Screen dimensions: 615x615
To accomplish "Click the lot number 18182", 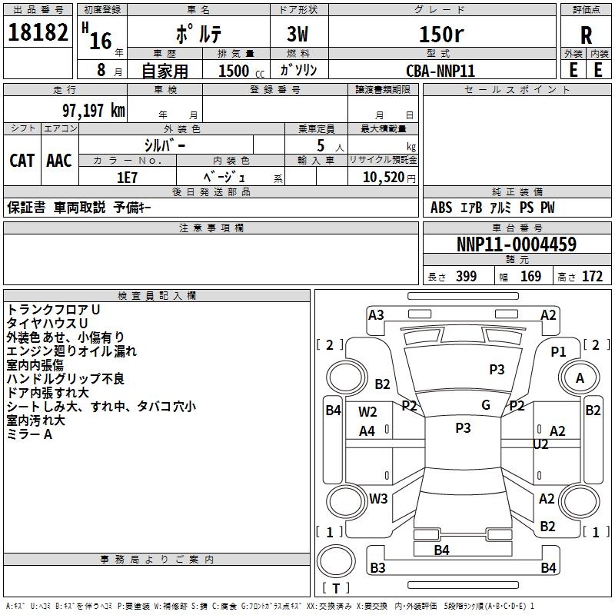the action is (x=38, y=32).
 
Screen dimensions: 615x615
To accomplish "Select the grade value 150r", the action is (x=441, y=34).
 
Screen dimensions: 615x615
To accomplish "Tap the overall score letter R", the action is (x=586, y=35).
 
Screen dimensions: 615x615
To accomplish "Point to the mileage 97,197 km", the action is (x=94, y=111).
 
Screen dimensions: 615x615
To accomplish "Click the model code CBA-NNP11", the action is (x=440, y=71).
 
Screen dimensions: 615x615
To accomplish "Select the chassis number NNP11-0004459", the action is (x=517, y=244).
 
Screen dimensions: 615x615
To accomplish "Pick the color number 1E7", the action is (x=127, y=178).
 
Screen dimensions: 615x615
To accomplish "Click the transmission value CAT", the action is (x=22, y=161).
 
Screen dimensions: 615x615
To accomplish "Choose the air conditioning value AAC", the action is (x=59, y=161).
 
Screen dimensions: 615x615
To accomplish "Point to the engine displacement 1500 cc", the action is (x=241, y=71).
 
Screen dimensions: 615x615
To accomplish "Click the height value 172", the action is (x=592, y=276).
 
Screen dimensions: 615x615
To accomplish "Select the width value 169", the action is (x=530, y=276).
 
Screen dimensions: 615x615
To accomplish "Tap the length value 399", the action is (x=467, y=276).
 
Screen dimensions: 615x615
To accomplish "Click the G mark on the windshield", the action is (x=486, y=405).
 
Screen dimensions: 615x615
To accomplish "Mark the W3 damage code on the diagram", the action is (x=378, y=498).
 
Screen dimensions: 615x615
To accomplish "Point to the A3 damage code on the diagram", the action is (x=376, y=315).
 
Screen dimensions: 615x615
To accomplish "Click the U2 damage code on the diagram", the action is (x=540, y=444).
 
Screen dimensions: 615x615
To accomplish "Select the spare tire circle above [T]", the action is (x=336, y=560).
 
